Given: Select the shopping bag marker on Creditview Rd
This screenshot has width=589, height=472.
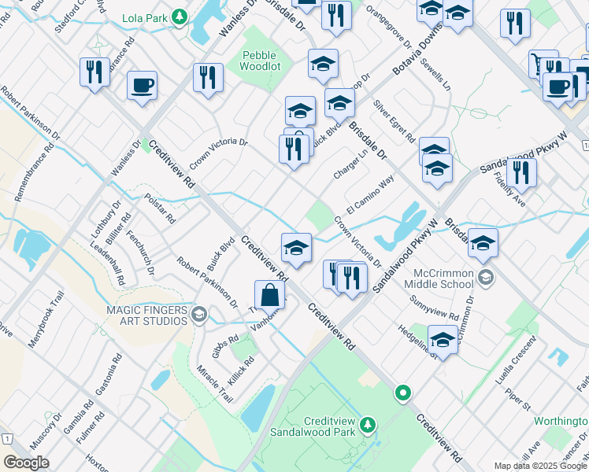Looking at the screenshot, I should (x=269, y=296).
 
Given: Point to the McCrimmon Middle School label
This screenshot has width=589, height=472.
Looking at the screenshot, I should (x=443, y=277).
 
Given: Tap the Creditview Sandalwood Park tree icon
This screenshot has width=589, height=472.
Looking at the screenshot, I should (x=367, y=426).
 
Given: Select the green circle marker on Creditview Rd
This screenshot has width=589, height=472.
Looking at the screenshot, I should (x=403, y=392).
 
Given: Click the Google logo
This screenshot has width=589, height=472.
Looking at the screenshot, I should (x=26, y=463).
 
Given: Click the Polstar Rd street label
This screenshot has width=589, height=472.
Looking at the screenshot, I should (x=160, y=208).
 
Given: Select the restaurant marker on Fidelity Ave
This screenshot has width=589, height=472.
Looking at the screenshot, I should (x=521, y=172).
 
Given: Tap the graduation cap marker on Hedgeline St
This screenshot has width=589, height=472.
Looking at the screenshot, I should (x=443, y=341).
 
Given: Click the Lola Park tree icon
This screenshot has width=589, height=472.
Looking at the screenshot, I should (x=180, y=16).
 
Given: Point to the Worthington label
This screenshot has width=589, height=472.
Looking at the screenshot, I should (x=561, y=421).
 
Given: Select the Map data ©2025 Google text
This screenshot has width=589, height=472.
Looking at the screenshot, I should (x=540, y=466).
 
